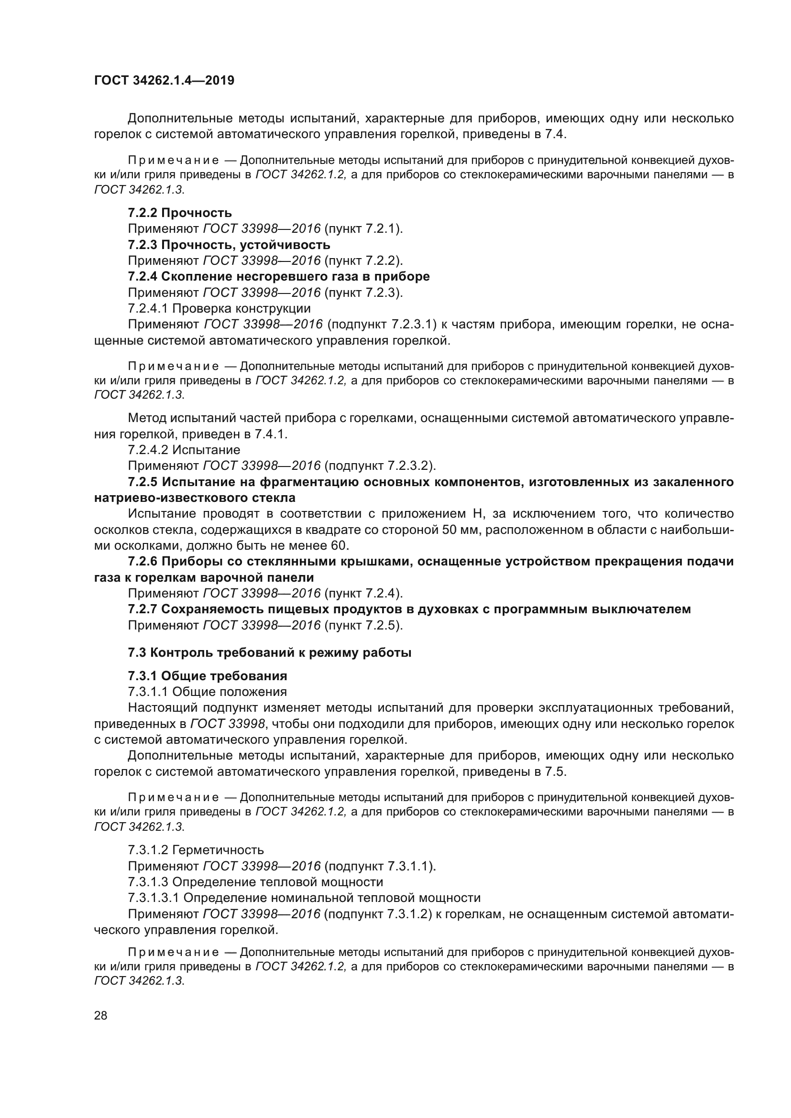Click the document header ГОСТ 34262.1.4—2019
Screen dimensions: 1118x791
pos(164,80)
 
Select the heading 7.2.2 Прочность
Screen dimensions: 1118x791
pos(180,213)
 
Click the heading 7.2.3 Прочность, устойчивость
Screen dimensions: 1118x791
pos(229,244)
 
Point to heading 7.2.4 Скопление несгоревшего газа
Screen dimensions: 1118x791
pos(279,277)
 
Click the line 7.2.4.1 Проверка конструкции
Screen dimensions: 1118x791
pos(219,308)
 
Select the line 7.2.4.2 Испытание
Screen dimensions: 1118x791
pos(184,449)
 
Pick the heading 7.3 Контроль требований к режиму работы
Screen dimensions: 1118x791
pos(270,652)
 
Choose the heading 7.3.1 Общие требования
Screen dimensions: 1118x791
pos(208,676)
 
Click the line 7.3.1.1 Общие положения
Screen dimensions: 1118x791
pos(208,692)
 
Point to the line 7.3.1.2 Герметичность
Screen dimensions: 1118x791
pos(196,850)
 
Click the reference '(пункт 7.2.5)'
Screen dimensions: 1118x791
pos(363,625)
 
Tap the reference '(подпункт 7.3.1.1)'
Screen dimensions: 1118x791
pos(380,866)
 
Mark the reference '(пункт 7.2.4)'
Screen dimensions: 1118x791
pos(363,593)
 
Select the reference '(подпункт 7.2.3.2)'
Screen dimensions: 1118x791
pos(380,466)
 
